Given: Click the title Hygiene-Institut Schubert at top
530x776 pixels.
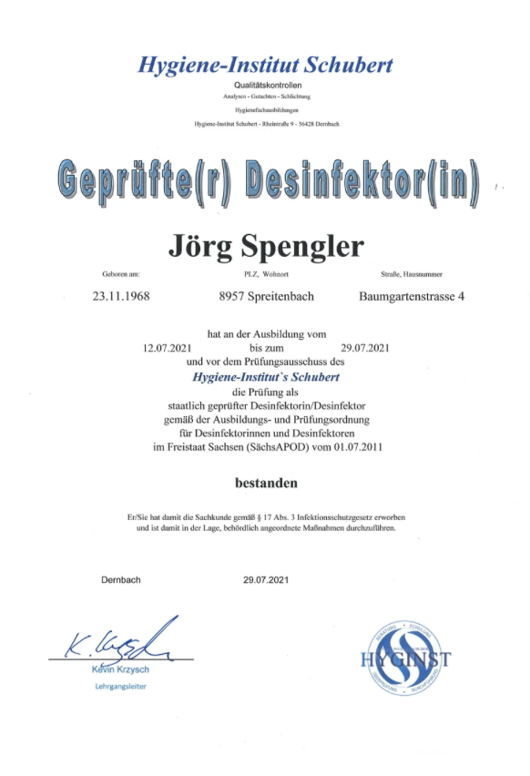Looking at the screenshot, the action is point(265,65).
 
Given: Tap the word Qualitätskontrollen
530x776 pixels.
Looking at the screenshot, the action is point(266,85).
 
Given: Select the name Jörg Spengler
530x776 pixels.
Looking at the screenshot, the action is point(266,244).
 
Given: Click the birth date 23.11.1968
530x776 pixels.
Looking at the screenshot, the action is point(121,296).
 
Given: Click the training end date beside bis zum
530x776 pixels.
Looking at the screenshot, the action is point(364,347).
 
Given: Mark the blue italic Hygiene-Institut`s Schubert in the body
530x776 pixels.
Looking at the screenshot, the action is point(266,374).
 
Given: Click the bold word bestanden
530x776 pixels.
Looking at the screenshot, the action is point(266,481).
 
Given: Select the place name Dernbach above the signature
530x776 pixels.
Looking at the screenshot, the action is point(120,579).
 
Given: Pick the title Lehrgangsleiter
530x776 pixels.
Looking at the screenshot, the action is point(119,686).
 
